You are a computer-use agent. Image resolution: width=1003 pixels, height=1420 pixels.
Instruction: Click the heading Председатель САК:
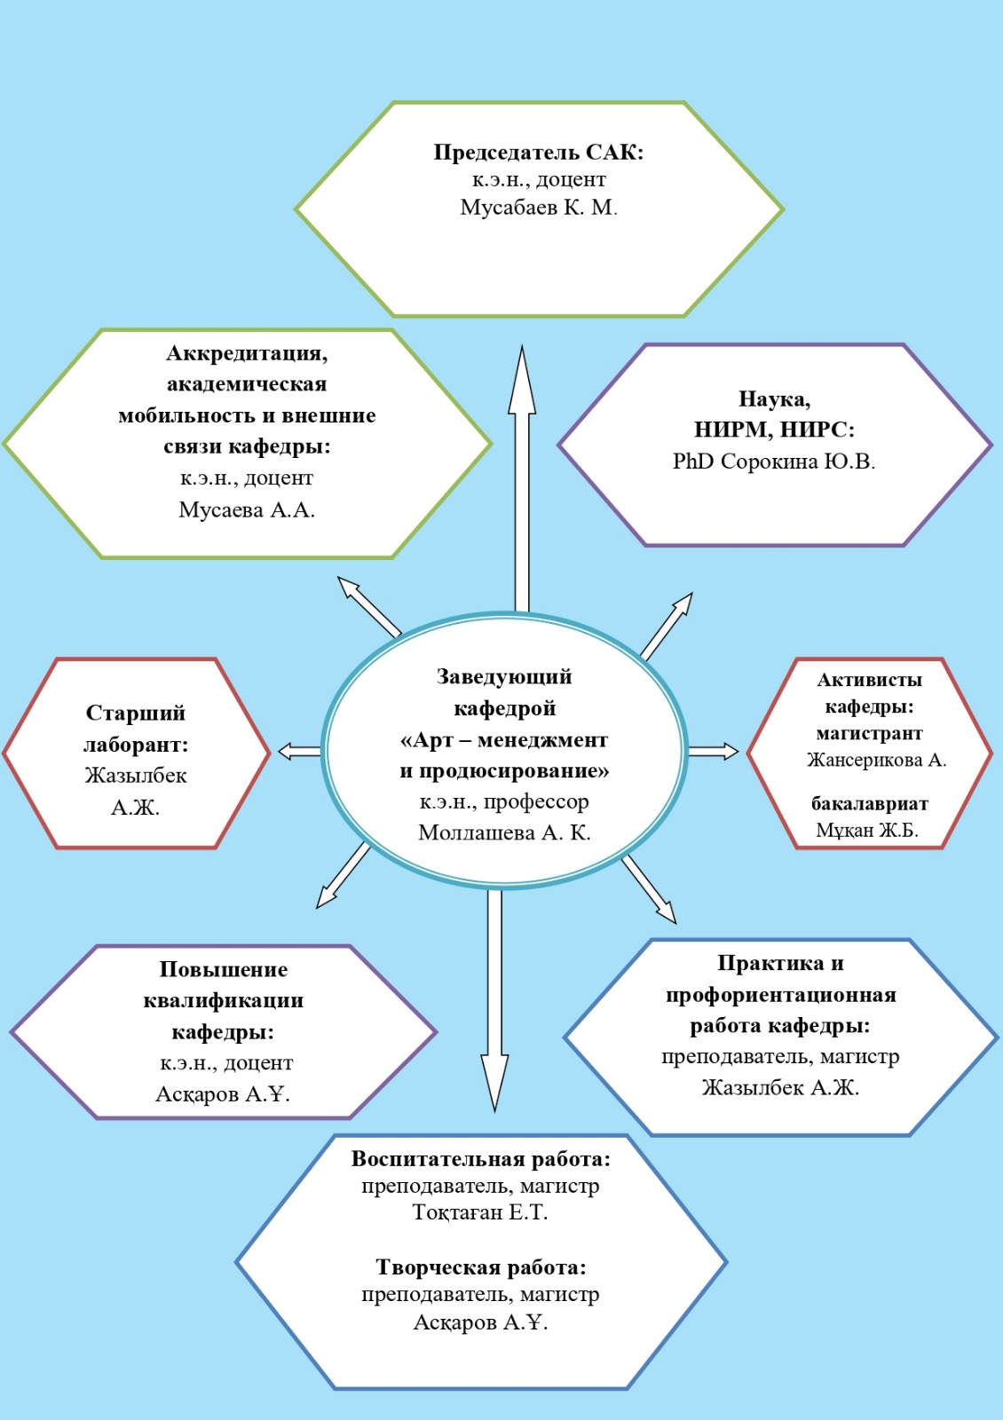coord(538,153)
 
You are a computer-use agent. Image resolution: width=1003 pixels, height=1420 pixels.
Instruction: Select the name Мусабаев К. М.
coord(538,208)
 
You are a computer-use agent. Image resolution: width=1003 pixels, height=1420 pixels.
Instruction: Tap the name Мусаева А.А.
coord(247,509)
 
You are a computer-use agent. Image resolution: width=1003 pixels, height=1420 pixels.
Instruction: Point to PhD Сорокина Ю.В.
coord(773,461)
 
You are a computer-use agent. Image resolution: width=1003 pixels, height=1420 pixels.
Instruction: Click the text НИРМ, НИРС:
coord(774,430)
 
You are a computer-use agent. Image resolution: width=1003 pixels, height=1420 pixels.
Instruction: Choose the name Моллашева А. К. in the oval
coord(504,832)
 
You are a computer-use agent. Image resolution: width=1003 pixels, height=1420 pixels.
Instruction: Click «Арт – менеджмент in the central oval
coord(504,740)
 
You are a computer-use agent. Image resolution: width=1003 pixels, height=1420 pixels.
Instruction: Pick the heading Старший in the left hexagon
coord(136,714)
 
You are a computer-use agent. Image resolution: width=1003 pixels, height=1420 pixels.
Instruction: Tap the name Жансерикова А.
coord(876,760)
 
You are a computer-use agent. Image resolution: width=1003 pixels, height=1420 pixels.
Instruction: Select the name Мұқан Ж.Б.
coord(867,830)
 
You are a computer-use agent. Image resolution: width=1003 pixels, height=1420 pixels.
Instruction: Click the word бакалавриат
coord(869,804)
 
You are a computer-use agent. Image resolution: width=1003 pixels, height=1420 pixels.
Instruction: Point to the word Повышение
coord(223,969)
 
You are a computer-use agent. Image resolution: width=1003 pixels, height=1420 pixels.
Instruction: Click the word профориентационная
coord(780,995)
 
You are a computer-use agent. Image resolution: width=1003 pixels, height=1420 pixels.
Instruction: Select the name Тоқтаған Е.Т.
coord(480,1212)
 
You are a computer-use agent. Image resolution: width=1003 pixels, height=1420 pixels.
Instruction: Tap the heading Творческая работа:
coord(480,1268)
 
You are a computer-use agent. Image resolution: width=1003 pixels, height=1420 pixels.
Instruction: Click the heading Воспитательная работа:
coord(480,1159)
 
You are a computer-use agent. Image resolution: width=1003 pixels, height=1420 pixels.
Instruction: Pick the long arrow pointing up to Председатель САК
coord(522,478)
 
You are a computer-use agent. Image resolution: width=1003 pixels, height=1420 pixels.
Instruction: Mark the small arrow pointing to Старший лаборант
coord(299,752)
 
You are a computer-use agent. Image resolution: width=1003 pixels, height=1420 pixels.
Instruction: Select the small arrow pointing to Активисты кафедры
coord(714,752)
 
